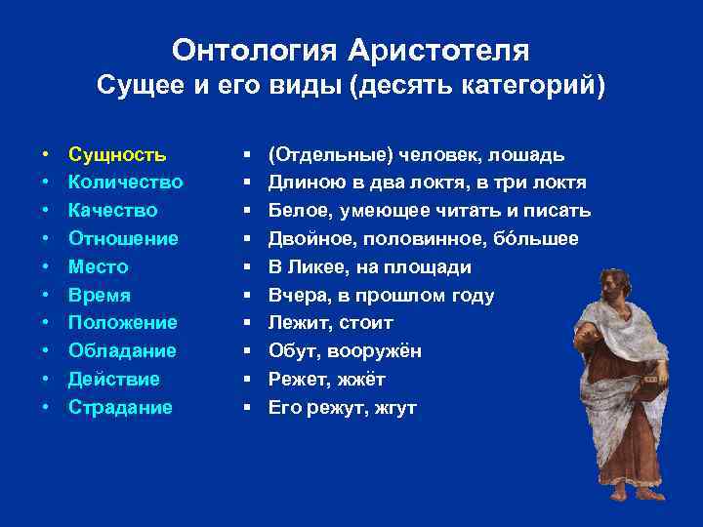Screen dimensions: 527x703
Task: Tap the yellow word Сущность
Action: tap(117, 154)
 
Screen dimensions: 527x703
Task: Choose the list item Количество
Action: tap(125, 182)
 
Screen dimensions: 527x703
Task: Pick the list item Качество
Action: tap(112, 211)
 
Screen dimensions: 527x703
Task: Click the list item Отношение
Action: tap(123, 239)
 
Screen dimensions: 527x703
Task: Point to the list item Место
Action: tap(98, 267)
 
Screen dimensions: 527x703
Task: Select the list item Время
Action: tap(99, 296)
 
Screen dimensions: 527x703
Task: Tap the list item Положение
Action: tap(122, 323)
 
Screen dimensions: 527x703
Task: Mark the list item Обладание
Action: tap(122, 351)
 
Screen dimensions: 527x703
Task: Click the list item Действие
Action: tap(113, 380)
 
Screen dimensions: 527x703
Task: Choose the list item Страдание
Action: tap(119, 408)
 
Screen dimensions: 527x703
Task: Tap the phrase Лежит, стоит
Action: tap(330, 323)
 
